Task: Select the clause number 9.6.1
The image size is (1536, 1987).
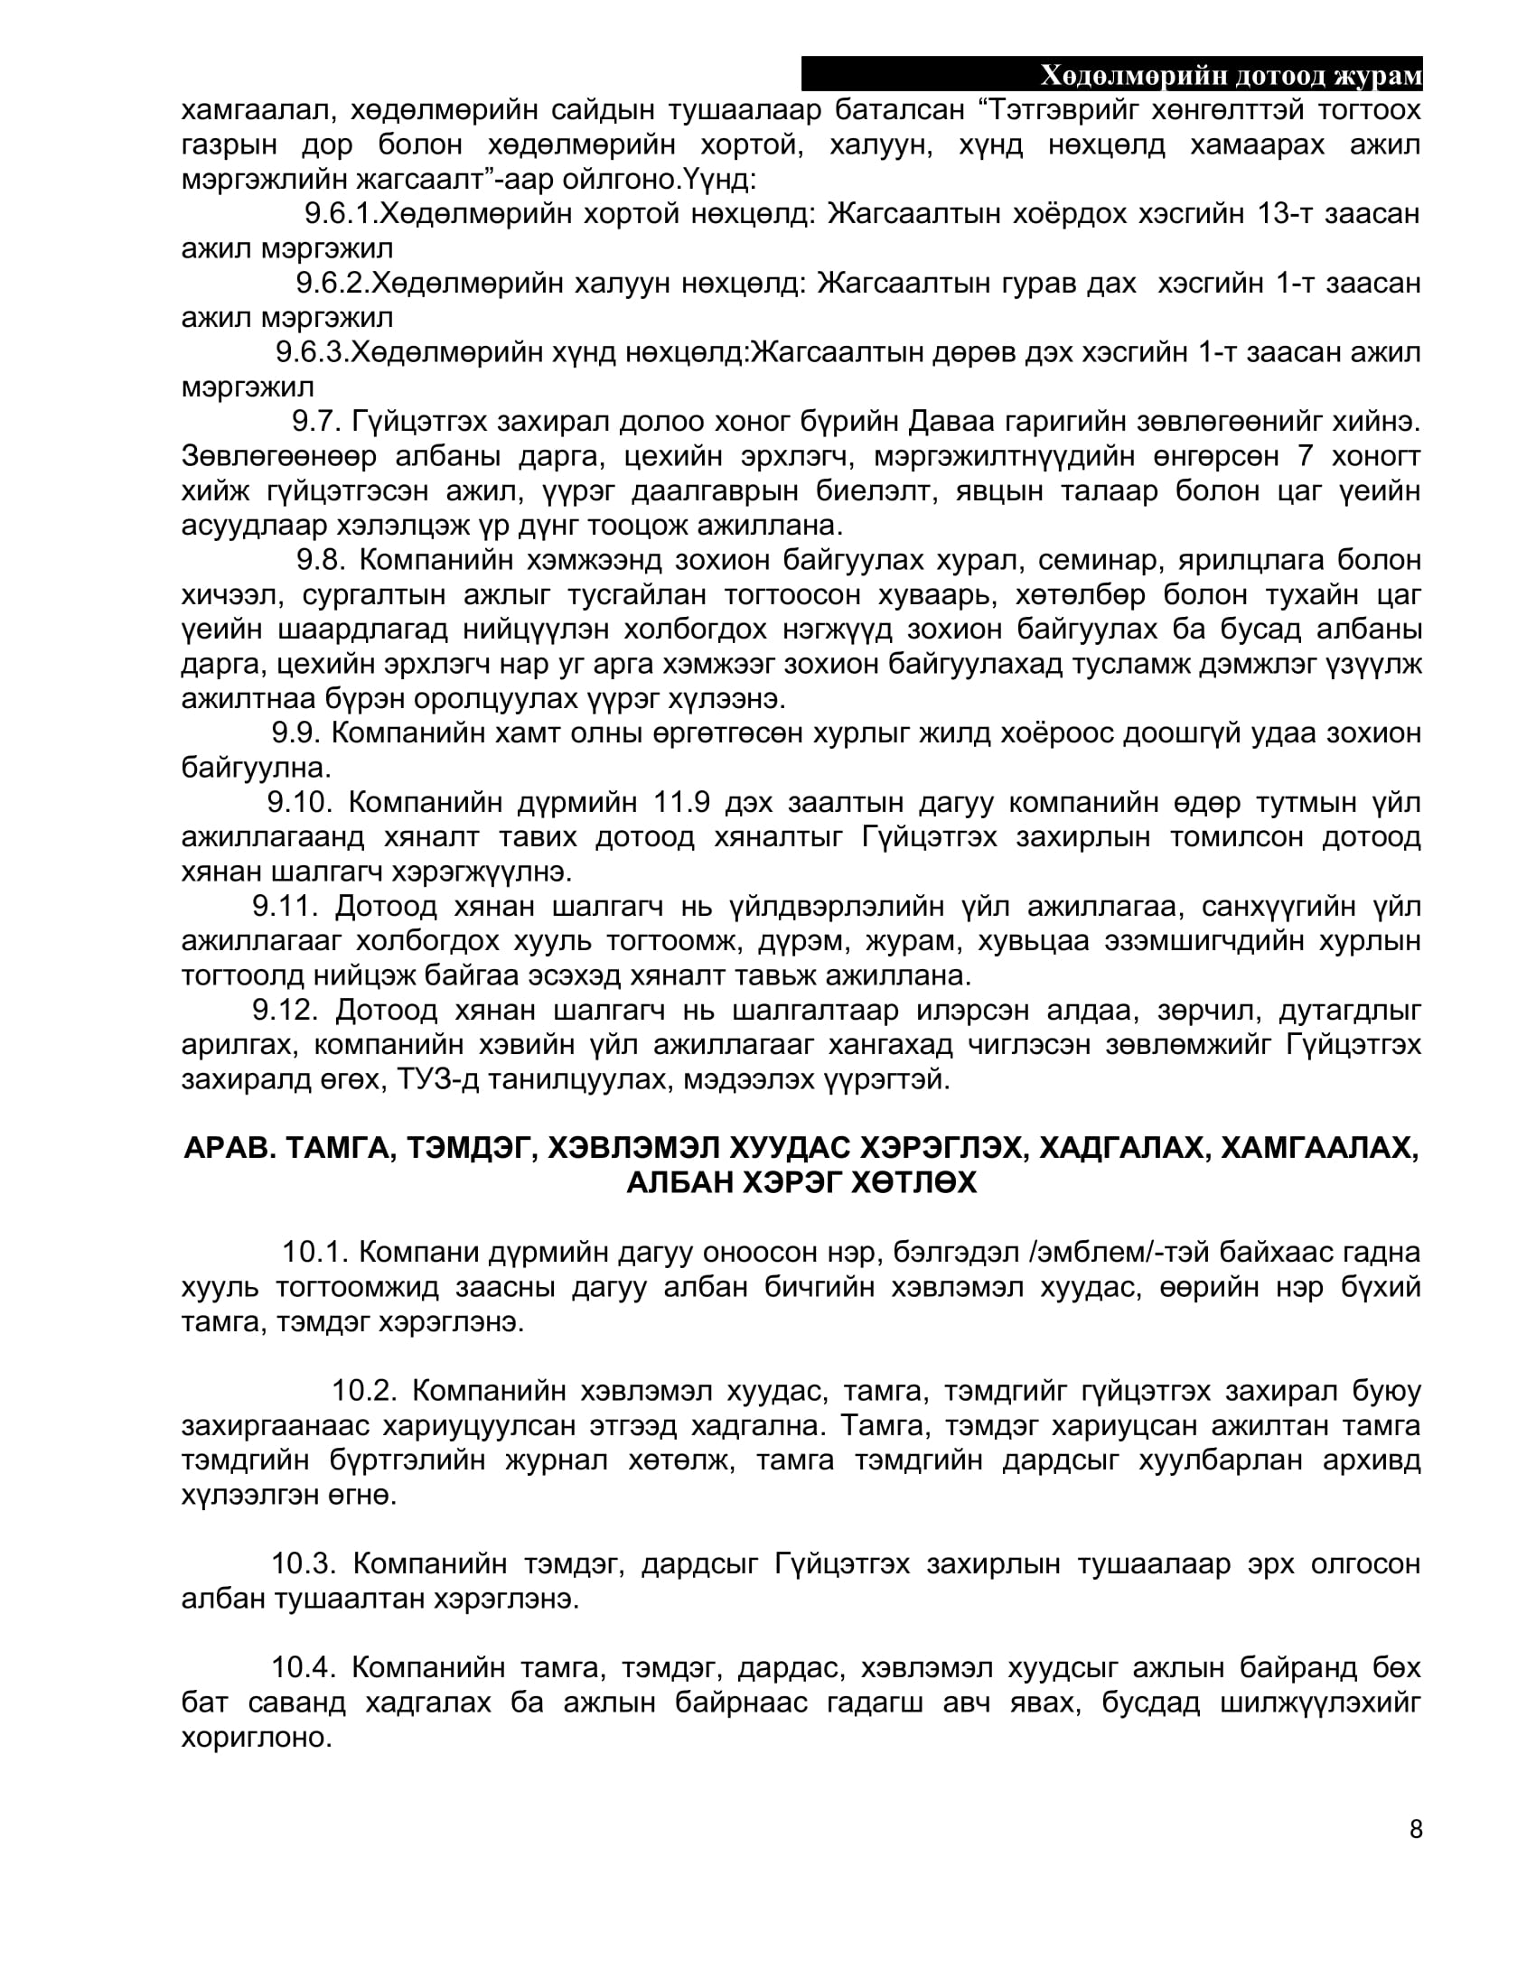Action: (x=341, y=214)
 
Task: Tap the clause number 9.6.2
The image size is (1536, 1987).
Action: (x=332, y=284)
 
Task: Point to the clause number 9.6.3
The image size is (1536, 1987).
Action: (x=312, y=352)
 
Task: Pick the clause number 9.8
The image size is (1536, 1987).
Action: (x=319, y=560)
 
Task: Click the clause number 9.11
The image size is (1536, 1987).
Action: (x=284, y=907)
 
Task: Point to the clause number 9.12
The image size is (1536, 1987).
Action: (x=284, y=1011)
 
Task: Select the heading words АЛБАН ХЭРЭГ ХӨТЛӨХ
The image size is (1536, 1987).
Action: (x=801, y=1184)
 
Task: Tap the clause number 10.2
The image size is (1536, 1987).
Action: (x=364, y=1391)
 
